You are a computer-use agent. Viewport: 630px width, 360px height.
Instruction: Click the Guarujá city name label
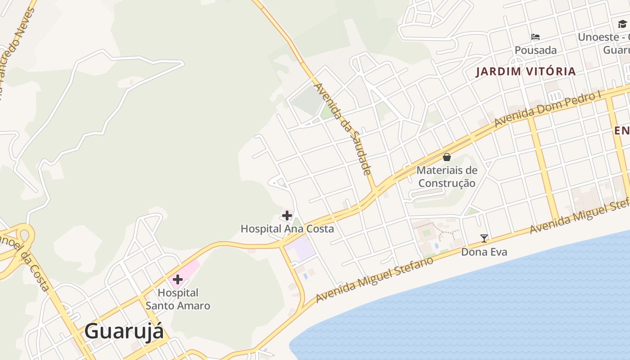(x=124, y=332)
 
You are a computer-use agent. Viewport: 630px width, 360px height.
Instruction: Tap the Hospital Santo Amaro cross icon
(x=178, y=279)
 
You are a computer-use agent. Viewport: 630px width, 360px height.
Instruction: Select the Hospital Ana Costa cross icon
(x=287, y=216)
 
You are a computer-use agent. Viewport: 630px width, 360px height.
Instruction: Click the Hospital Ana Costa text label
(x=287, y=229)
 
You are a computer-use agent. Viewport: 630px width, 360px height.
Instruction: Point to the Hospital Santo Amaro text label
(x=178, y=299)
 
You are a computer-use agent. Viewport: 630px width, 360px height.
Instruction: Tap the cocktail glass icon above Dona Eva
(x=484, y=238)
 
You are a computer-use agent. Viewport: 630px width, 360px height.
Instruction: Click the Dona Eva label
(x=484, y=252)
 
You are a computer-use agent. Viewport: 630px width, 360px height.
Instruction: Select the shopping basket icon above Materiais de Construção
(x=447, y=157)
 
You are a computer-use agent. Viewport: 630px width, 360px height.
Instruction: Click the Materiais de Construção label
(x=447, y=176)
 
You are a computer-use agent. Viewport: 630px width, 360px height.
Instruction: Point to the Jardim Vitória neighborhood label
(x=526, y=71)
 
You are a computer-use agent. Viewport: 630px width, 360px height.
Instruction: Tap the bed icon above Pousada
(x=535, y=37)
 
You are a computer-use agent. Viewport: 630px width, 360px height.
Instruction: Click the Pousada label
(x=535, y=50)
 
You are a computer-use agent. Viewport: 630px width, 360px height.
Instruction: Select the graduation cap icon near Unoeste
(x=622, y=24)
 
